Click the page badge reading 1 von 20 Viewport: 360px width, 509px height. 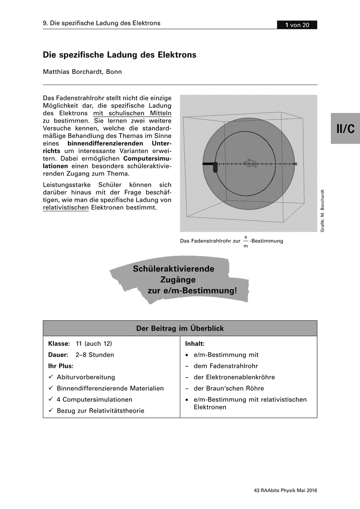click(x=297, y=25)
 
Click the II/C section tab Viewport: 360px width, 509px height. click(x=345, y=129)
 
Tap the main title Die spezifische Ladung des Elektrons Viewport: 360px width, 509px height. click(x=119, y=55)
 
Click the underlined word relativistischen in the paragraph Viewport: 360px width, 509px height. click(x=66, y=208)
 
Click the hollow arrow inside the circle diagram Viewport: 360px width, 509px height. click(x=250, y=164)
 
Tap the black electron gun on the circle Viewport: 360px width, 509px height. click(x=215, y=167)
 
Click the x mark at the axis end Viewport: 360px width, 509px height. click(x=296, y=164)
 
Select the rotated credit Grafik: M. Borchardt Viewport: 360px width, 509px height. click(x=323, y=210)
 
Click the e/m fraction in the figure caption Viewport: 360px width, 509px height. click(x=245, y=241)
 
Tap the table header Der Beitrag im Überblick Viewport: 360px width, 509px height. click(x=180, y=328)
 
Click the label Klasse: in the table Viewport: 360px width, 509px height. click(x=59, y=343)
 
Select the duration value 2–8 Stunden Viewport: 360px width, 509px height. click(x=95, y=355)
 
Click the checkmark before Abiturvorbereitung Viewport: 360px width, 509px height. click(x=51, y=377)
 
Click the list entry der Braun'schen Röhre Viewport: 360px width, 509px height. click(x=229, y=388)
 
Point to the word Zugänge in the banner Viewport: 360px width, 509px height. click(x=178, y=280)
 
